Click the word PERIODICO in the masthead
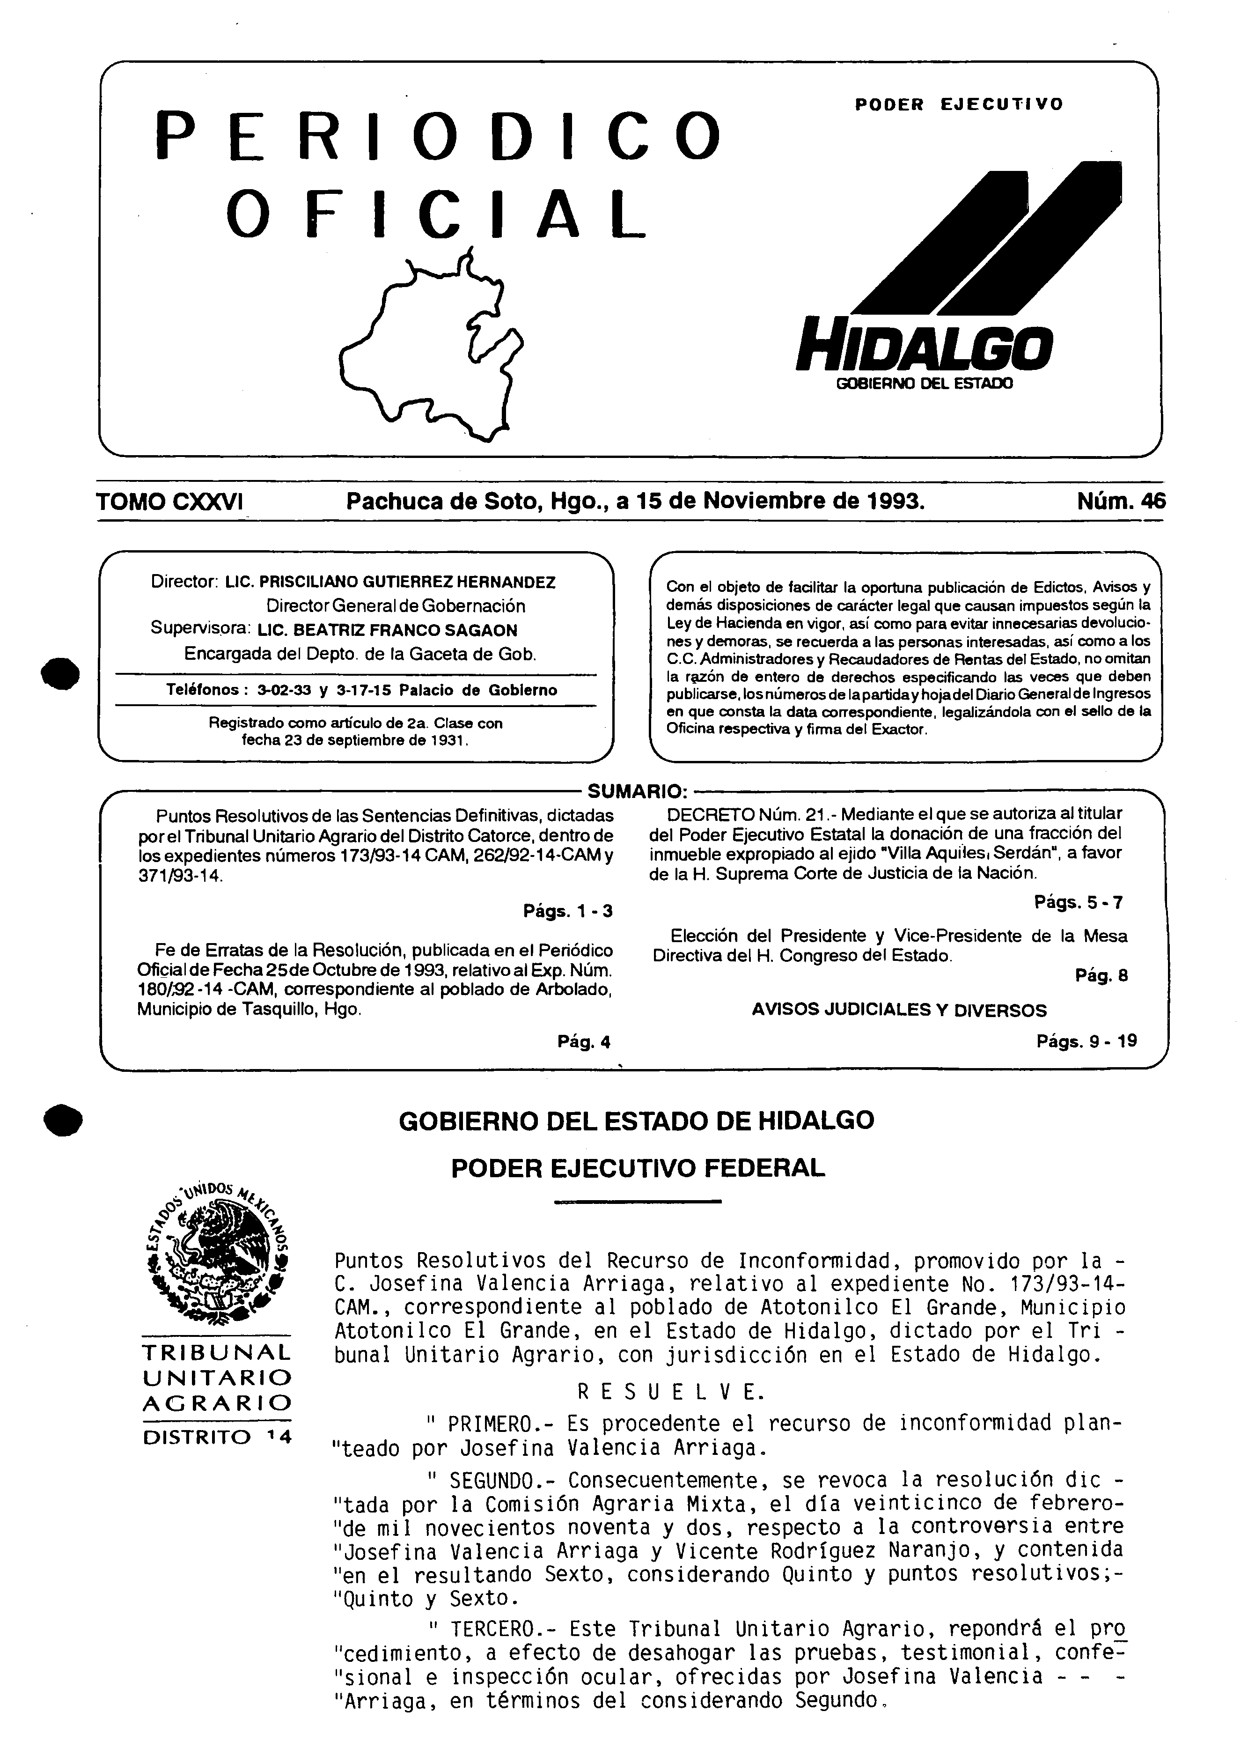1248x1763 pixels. pyautogui.click(x=439, y=136)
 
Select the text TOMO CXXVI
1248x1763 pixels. pyautogui.click(x=170, y=502)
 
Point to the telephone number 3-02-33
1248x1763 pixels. pyautogui.click(x=284, y=690)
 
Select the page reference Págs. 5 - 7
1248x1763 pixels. pyautogui.click(x=1079, y=902)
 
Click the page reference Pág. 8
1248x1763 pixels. pyautogui.click(x=1101, y=976)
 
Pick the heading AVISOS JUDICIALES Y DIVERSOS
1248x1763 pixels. pyautogui.click(x=899, y=1010)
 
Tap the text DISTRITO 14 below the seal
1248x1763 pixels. pyautogui.click(x=218, y=1436)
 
